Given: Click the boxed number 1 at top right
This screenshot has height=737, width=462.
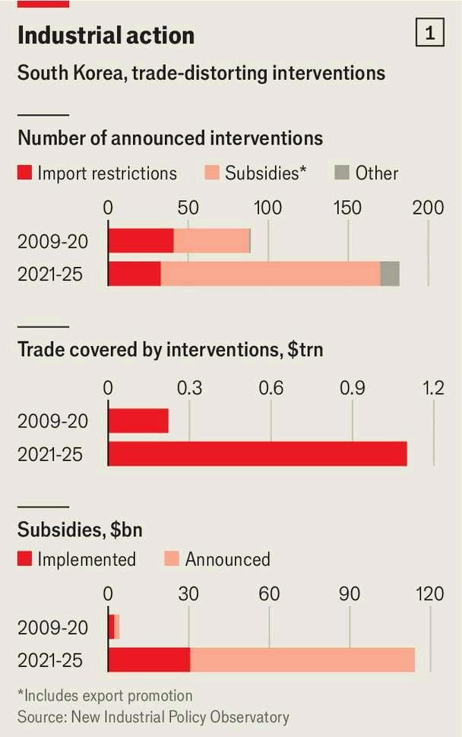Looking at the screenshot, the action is click(429, 33).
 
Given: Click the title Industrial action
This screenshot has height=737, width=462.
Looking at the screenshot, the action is click(106, 36).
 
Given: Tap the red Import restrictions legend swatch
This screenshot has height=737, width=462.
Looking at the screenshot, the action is click(24, 173).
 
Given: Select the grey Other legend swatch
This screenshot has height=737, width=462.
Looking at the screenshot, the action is click(342, 173).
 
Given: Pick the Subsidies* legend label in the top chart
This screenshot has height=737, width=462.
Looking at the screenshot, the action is click(265, 173).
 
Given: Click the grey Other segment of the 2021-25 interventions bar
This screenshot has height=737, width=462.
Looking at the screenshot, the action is click(390, 274).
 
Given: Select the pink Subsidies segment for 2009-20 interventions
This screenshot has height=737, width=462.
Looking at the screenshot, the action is click(211, 241).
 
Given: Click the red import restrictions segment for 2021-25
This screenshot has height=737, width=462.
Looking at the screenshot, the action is click(134, 274).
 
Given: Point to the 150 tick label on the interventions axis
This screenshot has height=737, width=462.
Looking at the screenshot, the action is click(347, 208).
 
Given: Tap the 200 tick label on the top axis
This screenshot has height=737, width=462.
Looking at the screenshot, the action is click(428, 208).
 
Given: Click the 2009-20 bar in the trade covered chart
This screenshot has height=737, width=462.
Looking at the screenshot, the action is click(138, 421).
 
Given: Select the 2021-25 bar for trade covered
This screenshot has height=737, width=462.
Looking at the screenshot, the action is click(258, 453).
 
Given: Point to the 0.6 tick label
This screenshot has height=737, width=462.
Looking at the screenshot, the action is click(271, 388).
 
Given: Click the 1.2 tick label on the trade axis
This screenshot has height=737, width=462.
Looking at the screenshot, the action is click(433, 388).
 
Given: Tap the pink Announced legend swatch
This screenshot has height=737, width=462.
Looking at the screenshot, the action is click(172, 559).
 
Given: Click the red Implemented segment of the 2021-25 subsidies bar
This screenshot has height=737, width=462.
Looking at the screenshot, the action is click(149, 660).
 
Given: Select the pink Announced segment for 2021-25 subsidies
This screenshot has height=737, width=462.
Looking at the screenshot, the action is click(302, 660).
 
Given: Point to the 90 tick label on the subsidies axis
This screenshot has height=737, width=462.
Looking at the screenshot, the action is click(350, 594).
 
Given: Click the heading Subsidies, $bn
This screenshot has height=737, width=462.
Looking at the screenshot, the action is click(80, 529).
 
